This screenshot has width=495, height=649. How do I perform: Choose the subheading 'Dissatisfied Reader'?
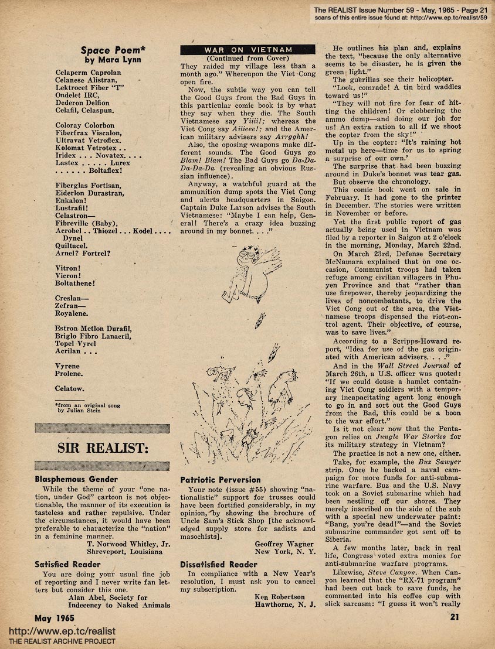(219, 565)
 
